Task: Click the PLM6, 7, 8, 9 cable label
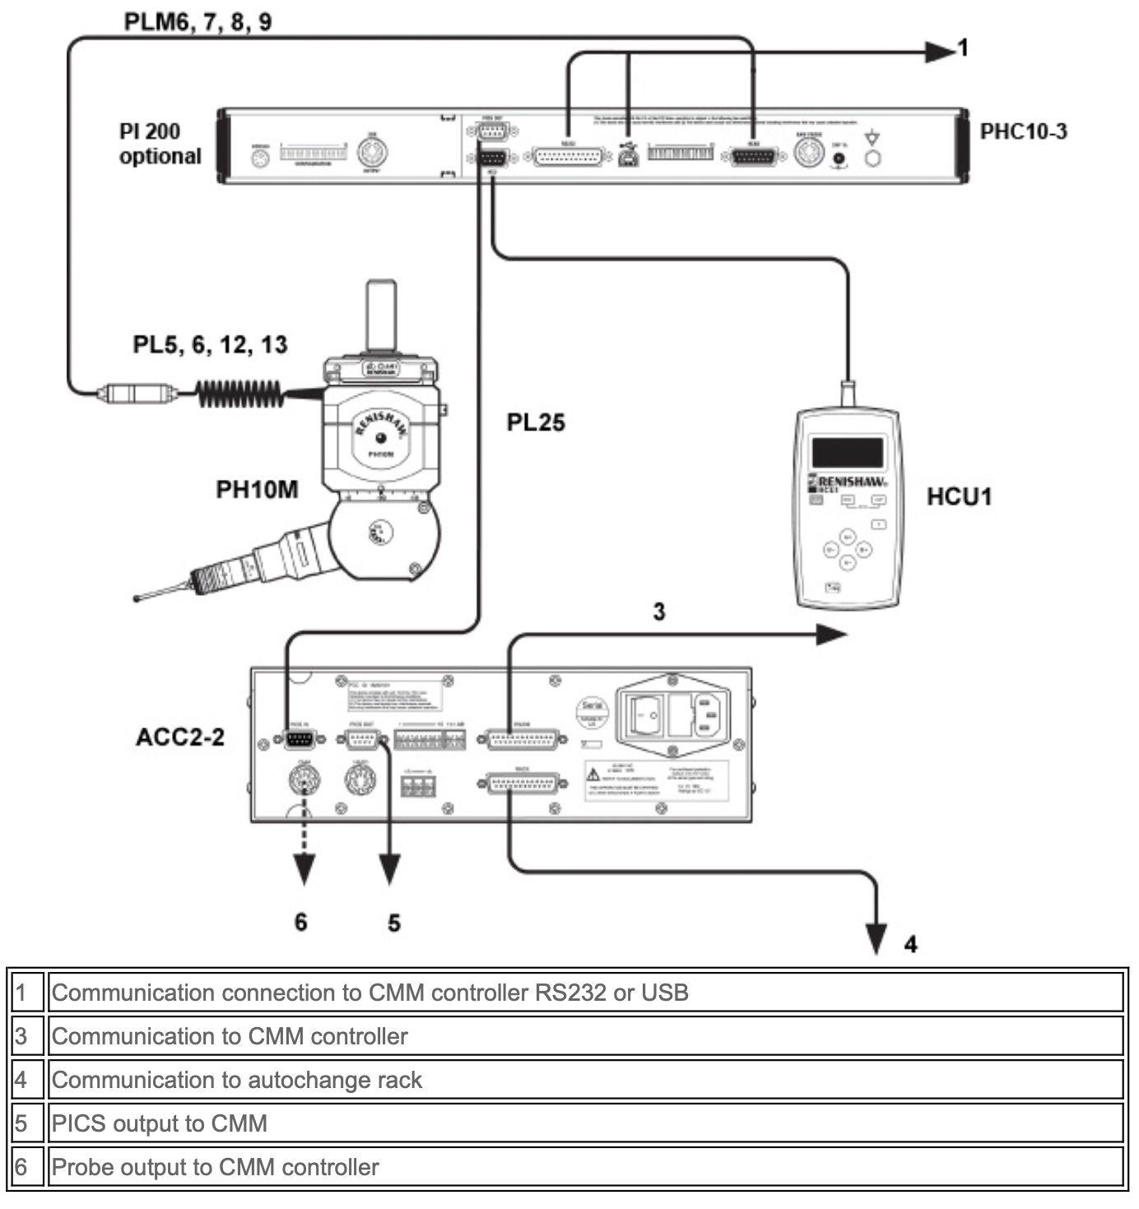pyautogui.click(x=198, y=21)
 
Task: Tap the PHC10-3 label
pyautogui.click(x=1023, y=132)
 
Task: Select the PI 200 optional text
pyautogui.click(x=160, y=144)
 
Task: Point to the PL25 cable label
pyautogui.click(x=536, y=423)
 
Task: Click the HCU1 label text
pyautogui.click(x=959, y=497)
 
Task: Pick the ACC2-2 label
pyautogui.click(x=180, y=737)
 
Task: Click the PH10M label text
pyautogui.click(x=257, y=490)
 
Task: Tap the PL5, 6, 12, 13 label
pyautogui.click(x=210, y=345)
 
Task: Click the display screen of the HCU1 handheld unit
pyautogui.click(x=848, y=453)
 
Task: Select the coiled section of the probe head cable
pyautogui.click(x=239, y=393)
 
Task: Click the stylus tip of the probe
pyautogui.click(x=137, y=598)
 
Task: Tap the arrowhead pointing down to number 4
pyautogui.click(x=876, y=938)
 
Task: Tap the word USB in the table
pyautogui.click(x=666, y=993)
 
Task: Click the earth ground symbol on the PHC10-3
pyautogui.click(x=872, y=137)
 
